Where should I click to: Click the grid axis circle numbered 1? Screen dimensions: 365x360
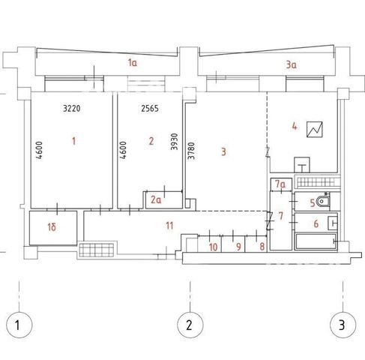(x=19, y=325)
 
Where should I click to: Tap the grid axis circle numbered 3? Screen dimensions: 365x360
(x=343, y=325)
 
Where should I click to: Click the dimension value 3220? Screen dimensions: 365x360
(x=72, y=109)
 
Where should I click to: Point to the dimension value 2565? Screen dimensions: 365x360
(x=150, y=109)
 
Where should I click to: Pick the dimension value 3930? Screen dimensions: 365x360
(x=175, y=142)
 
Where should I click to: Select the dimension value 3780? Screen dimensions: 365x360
(x=191, y=151)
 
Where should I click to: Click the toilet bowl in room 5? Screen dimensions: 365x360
(x=322, y=201)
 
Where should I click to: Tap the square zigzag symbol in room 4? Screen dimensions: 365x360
(x=315, y=129)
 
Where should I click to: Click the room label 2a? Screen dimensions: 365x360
(x=156, y=200)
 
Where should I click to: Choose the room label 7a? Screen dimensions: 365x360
(x=280, y=184)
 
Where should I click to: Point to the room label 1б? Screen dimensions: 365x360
(x=52, y=227)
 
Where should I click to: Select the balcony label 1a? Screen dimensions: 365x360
(x=133, y=62)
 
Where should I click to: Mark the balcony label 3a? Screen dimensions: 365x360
(x=291, y=65)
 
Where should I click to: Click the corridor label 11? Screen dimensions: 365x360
(x=169, y=226)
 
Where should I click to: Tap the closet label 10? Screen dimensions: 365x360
(x=213, y=247)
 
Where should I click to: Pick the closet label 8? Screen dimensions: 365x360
(x=262, y=247)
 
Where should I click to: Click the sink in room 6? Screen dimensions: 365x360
(x=333, y=223)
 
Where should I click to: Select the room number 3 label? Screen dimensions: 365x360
(x=223, y=151)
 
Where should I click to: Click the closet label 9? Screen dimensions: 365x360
(x=238, y=247)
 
